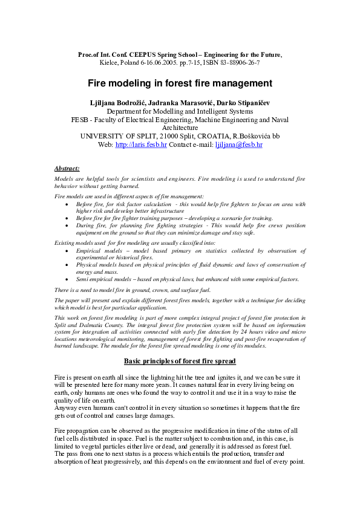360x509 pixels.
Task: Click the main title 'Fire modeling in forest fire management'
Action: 180,83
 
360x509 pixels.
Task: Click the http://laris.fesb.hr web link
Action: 141,145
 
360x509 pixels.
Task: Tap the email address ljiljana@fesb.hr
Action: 239,145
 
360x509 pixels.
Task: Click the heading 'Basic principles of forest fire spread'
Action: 180,361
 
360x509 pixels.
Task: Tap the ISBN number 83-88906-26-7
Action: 238,63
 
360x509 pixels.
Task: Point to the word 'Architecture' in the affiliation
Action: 180,128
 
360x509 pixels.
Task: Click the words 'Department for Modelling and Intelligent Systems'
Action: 180,111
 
